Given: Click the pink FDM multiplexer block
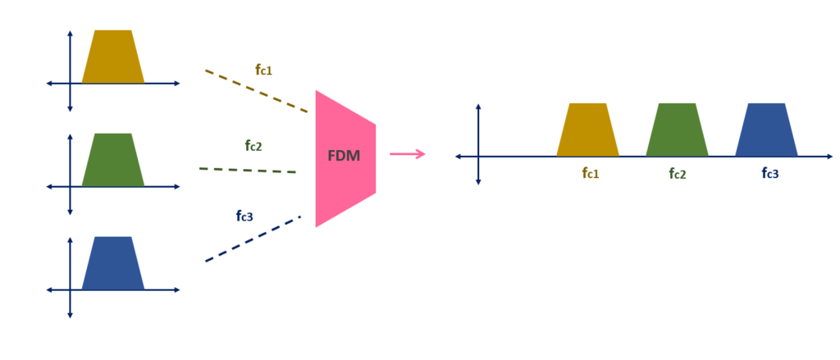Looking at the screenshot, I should [345, 189].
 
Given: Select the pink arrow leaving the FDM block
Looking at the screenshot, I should [408, 153].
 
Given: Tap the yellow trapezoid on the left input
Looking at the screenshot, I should [113, 57].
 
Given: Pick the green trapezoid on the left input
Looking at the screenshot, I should [113, 161].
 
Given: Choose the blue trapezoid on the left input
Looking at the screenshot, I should [113, 264].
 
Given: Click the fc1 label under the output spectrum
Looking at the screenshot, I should [591, 173].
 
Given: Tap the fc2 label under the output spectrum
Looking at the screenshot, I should [678, 173].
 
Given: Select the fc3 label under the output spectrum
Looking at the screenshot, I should [769, 173].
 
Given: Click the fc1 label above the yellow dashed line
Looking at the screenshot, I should [263, 71].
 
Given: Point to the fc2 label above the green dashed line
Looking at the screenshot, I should [253, 146].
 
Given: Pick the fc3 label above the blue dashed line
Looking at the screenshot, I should [244, 216].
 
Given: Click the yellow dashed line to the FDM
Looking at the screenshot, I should [256, 91].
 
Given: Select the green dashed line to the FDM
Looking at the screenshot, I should [247, 170].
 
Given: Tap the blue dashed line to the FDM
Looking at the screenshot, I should [253, 239].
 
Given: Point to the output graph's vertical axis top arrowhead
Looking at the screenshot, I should [478, 107].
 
